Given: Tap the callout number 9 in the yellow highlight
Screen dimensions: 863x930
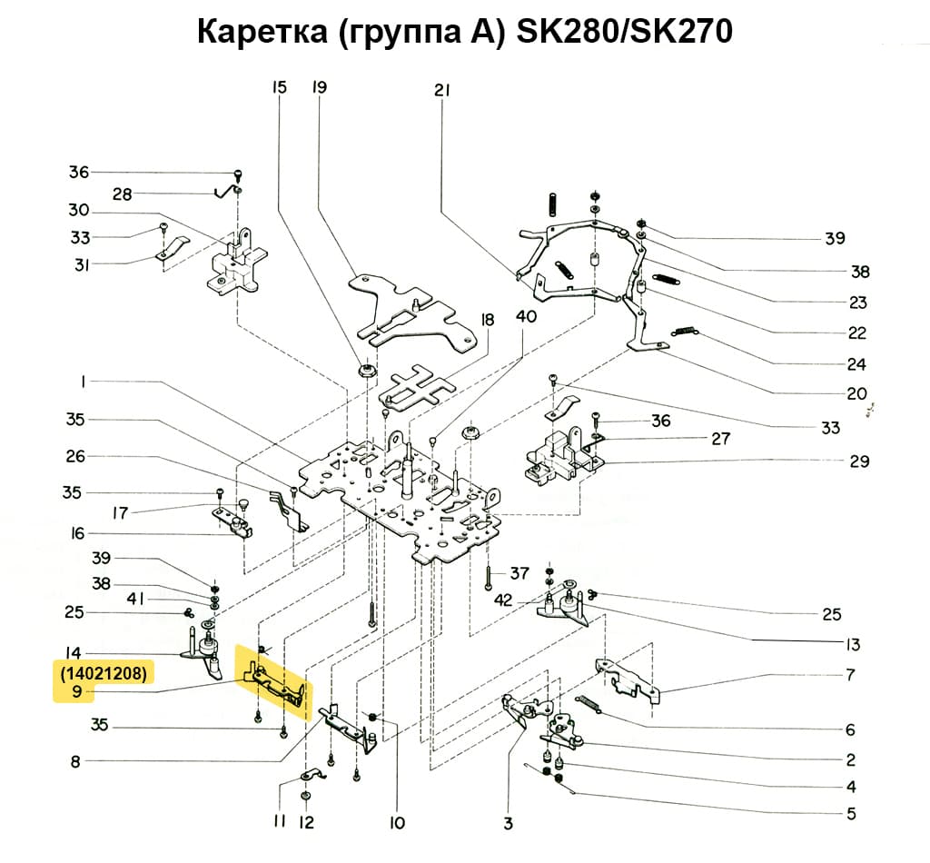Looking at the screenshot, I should click(78, 693).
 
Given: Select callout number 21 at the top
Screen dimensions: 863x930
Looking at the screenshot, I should click(442, 89).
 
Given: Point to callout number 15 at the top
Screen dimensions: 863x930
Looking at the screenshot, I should click(279, 87).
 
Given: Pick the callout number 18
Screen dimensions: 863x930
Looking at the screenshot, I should click(488, 320).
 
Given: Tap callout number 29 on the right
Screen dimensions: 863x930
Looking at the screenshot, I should click(859, 461).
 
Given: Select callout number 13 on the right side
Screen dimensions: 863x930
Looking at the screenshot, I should click(850, 645).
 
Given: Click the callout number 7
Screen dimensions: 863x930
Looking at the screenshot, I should click(850, 675).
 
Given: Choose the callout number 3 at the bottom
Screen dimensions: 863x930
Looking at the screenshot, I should click(508, 823).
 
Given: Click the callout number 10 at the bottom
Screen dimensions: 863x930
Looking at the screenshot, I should click(396, 823).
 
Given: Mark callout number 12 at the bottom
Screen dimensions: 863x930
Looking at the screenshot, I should click(306, 823).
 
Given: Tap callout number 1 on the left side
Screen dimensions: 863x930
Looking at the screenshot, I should click(83, 383).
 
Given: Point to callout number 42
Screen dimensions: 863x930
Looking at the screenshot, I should click(504, 600).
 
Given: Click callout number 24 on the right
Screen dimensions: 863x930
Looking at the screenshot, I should click(856, 364).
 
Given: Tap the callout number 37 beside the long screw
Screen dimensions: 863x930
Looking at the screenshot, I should click(519, 573).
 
